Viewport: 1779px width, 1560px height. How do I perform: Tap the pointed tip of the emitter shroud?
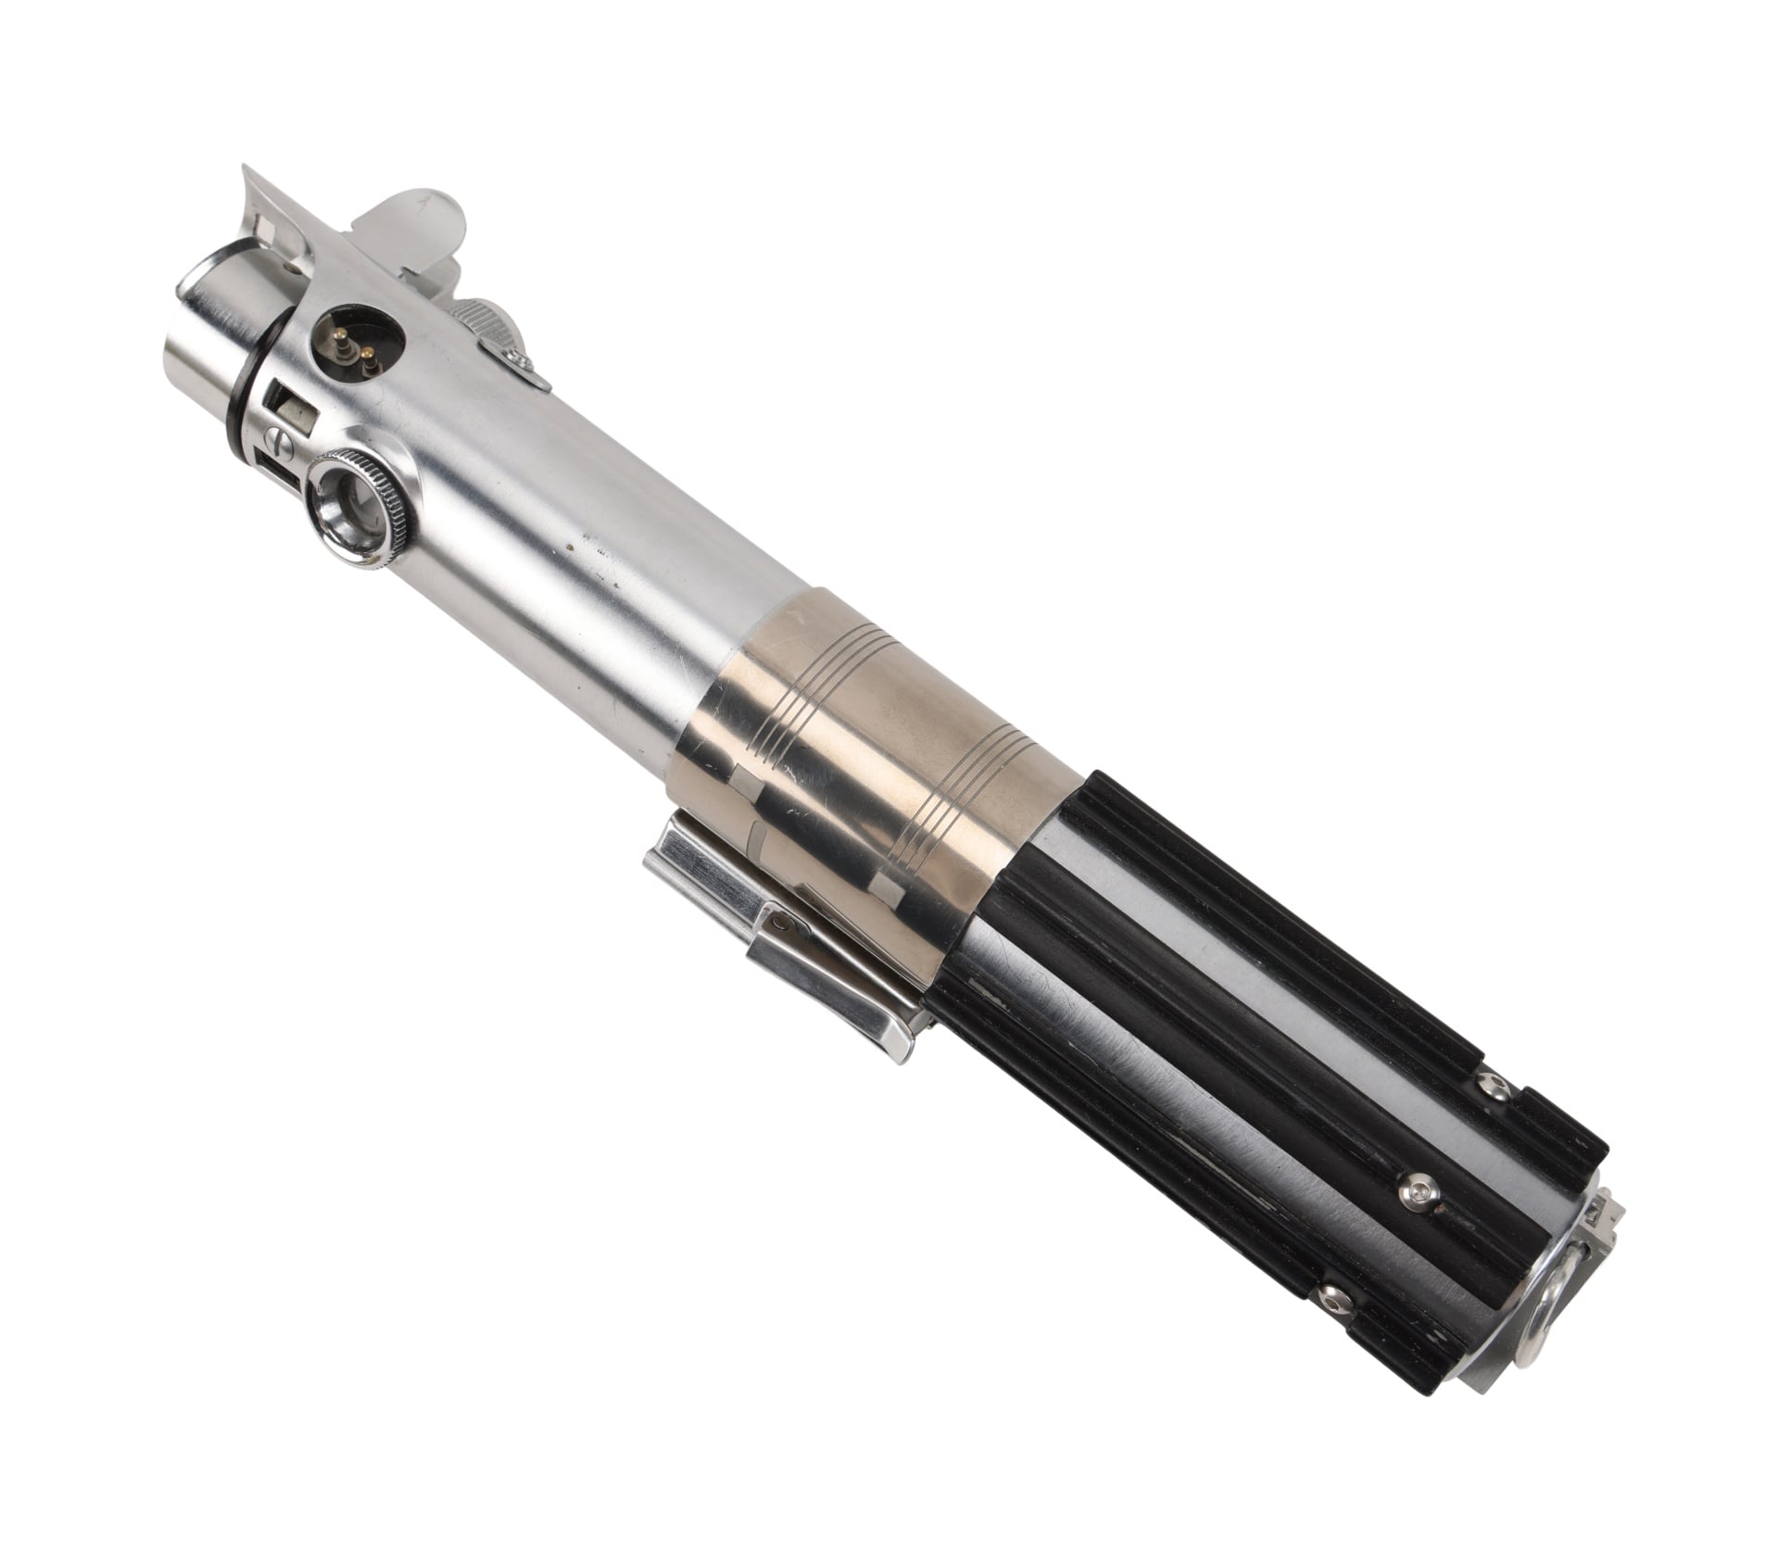click(x=248, y=170)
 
